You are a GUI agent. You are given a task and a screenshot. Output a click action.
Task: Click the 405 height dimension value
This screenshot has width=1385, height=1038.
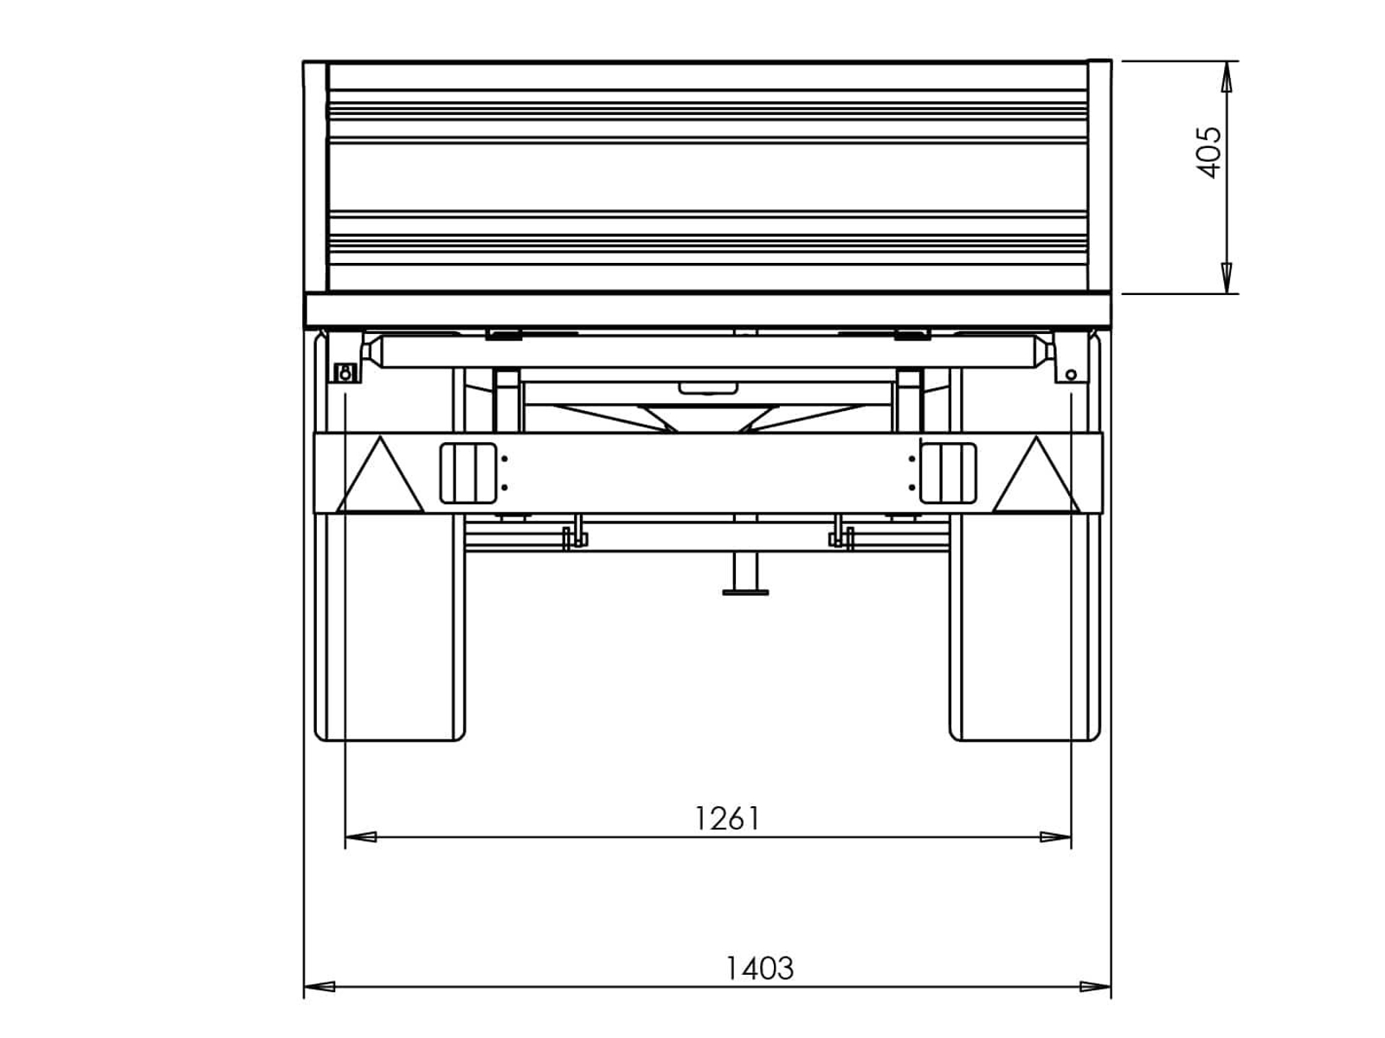coord(1208,152)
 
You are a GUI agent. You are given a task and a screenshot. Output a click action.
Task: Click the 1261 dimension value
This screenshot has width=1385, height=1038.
coord(727,818)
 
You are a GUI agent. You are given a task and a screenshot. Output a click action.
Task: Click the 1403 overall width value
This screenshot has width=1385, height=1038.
coord(760,968)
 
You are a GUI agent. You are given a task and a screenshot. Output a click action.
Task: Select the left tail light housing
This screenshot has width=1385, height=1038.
coord(468,473)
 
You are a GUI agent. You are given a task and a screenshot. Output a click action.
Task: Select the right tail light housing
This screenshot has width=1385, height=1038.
coord(948,473)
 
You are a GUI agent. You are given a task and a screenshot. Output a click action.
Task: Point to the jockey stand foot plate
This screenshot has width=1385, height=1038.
coord(745,593)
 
